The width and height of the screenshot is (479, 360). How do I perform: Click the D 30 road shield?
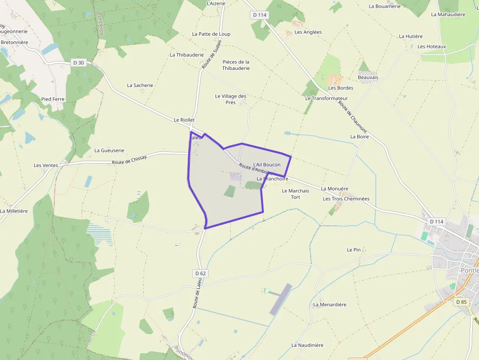click(x=78, y=63)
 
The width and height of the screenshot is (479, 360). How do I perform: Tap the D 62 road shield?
click(x=200, y=274)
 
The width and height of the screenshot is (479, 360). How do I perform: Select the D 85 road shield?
click(x=461, y=302)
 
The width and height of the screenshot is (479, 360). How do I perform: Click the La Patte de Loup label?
click(x=211, y=34)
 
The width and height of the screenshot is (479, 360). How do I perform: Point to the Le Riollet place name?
click(x=184, y=120)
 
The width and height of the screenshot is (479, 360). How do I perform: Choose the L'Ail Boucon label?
click(x=267, y=165)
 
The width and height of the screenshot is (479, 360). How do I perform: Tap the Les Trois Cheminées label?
click(x=346, y=199)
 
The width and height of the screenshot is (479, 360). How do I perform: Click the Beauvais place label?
click(x=368, y=77)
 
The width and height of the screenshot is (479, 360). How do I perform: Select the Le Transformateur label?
click(x=327, y=98)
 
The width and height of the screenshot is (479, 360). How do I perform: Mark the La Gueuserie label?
click(x=109, y=150)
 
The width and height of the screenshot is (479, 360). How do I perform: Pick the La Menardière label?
click(x=329, y=304)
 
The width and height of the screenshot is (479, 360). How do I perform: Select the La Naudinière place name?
click(x=307, y=345)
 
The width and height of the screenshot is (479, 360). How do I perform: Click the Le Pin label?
click(x=354, y=250)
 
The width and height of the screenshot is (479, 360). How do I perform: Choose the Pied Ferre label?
click(x=53, y=99)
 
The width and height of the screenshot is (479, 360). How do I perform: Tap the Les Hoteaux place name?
click(x=432, y=46)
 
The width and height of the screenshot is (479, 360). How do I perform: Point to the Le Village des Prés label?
click(x=231, y=99)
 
